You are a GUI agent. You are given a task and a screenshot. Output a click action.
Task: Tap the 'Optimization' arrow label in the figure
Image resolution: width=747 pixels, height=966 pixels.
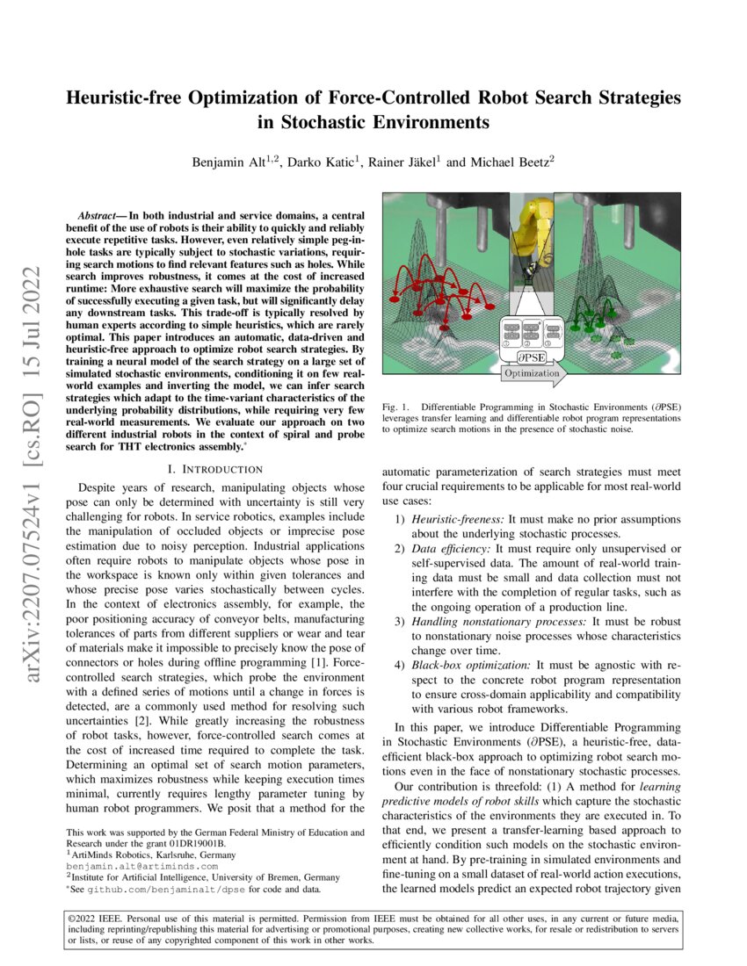tap(531, 373)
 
